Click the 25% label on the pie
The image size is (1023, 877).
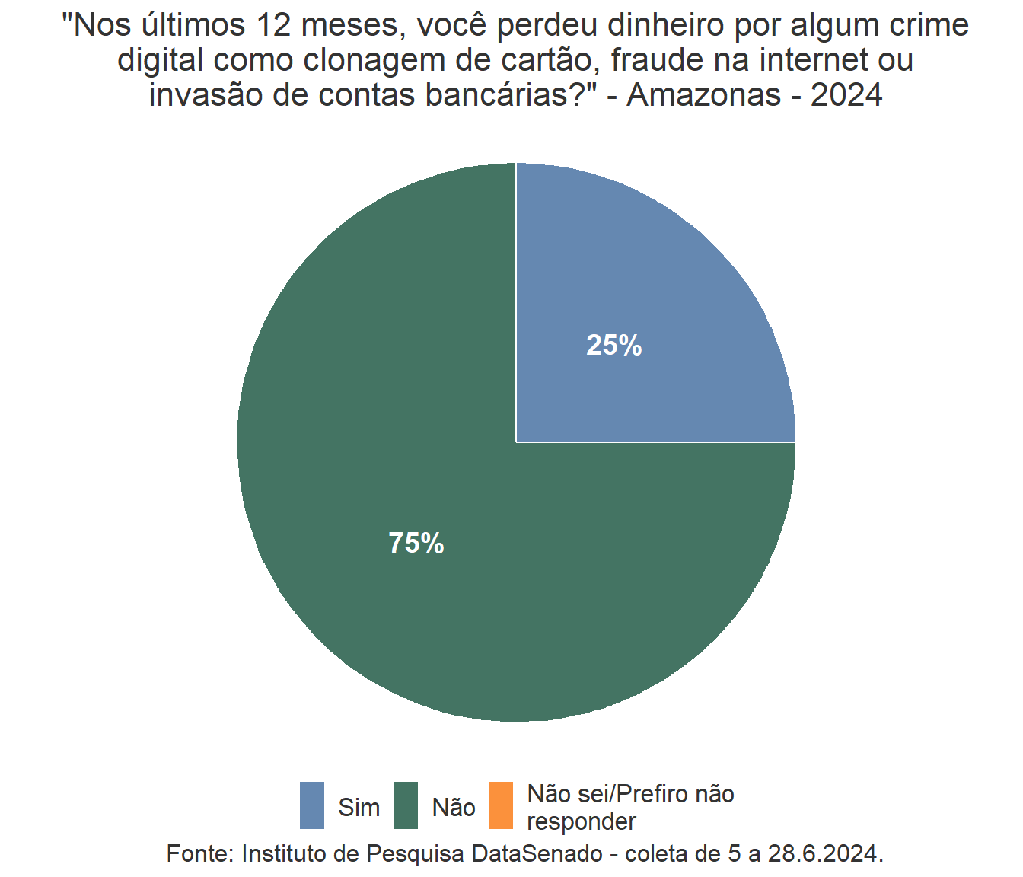[x=613, y=346]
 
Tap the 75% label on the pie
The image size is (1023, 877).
[x=416, y=543]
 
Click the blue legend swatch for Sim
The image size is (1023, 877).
[x=312, y=805]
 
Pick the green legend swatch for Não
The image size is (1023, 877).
[x=406, y=805]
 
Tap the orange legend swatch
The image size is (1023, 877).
[x=500, y=805]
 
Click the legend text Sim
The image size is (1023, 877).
[x=359, y=807]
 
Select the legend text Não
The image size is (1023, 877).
[x=454, y=807]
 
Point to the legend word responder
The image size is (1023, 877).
[x=582, y=821]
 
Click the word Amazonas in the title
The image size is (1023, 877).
[x=704, y=95]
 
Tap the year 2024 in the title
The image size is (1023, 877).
[x=846, y=95]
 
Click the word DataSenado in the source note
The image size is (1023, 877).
[x=537, y=853]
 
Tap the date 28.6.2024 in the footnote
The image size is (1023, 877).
[x=825, y=853]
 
